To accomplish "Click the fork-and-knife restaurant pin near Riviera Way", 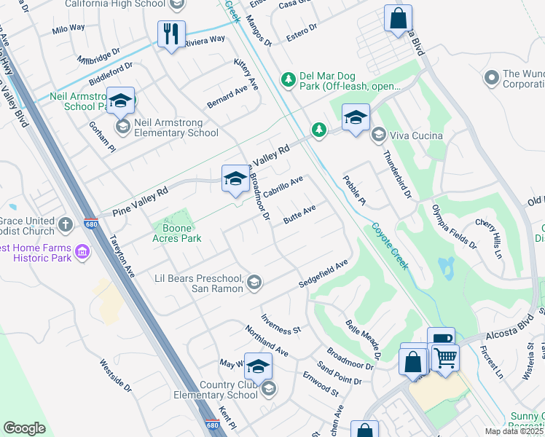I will pyautogui.click(x=171, y=34).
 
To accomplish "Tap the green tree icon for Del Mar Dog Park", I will pyautogui.click(x=289, y=78).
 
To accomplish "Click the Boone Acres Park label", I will pyautogui.click(x=176, y=233).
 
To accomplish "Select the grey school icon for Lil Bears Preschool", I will pyautogui.click(x=254, y=283).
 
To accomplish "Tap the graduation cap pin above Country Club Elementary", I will pyautogui.click(x=258, y=366).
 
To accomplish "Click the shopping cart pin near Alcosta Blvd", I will pyautogui.click(x=445, y=357).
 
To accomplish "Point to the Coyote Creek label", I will pyautogui.click(x=391, y=246).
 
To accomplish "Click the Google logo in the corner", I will pyautogui.click(x=24, y=428).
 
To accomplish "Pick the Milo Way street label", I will pyautogui.click(x=68, y=29).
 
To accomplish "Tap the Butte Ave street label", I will pyautogui.click(x=299, y=216).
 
